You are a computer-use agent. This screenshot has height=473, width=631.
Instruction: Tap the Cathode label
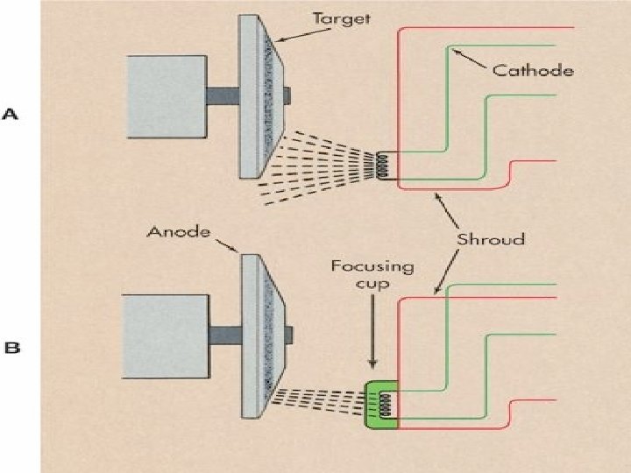(533, 71)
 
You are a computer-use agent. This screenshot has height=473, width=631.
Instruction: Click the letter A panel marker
(12, 115)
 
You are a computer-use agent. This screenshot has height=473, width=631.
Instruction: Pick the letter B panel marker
(12, 348)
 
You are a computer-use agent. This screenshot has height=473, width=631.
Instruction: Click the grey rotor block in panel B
(167, 333)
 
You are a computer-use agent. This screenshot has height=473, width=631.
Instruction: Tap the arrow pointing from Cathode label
(469, 60)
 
